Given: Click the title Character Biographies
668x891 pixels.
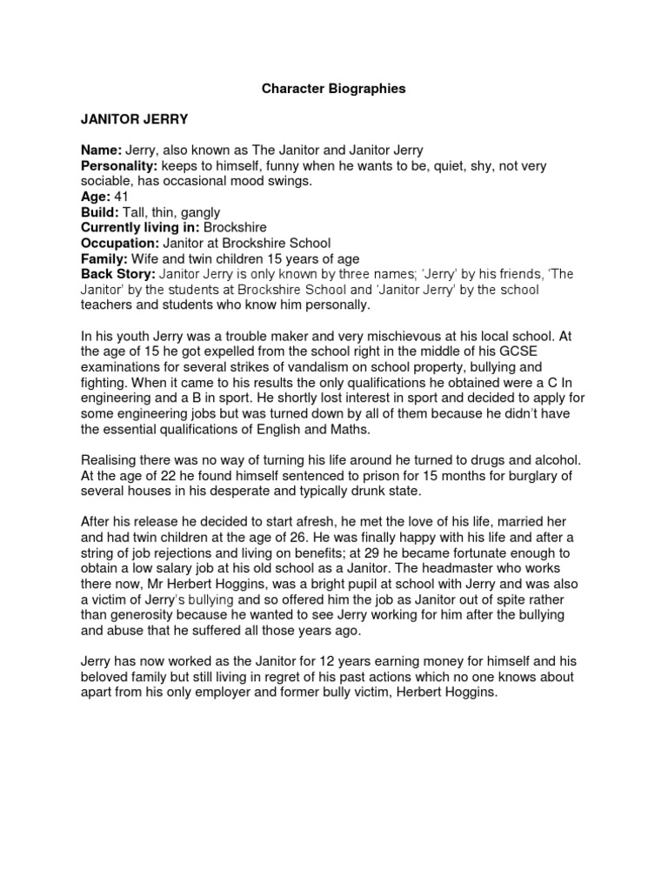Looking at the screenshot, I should [x=335, y=89].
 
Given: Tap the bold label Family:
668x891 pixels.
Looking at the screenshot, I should [x=103, y=258].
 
